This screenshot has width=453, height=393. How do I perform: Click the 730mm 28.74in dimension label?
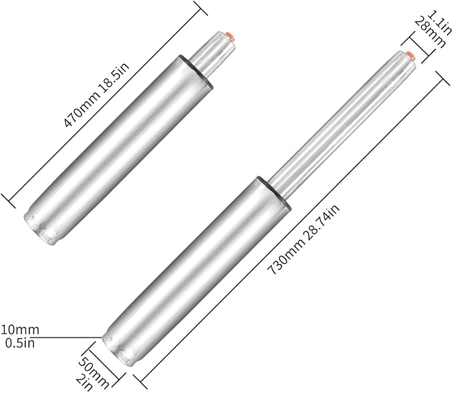pos(303,239)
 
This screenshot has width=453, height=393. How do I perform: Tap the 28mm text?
pos(430,33)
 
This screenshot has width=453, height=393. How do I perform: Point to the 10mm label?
pos(20,330)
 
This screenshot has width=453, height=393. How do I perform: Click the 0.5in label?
pos(20,343)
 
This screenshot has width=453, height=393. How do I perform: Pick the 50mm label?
pos(94,373)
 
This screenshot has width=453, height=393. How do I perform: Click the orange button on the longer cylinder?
pos(412,55)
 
